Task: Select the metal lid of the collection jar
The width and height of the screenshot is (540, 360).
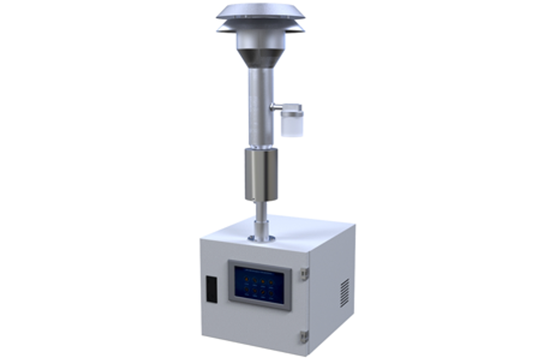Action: [x=291, y=108]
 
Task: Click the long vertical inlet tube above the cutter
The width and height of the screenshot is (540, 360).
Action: [x=260, y=105]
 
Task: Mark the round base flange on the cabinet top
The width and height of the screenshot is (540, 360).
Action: [x=261, y=238]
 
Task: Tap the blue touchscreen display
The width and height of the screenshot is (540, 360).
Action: [x=260, y=284]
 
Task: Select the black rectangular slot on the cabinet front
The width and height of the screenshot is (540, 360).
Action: [x=212, y=288]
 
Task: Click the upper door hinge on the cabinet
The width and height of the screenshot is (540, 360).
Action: [x=304, y=272]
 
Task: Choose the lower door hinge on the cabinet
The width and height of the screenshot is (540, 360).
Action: [x=304, y=336]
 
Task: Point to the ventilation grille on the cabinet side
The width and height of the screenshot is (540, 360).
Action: [x=344, y=292]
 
